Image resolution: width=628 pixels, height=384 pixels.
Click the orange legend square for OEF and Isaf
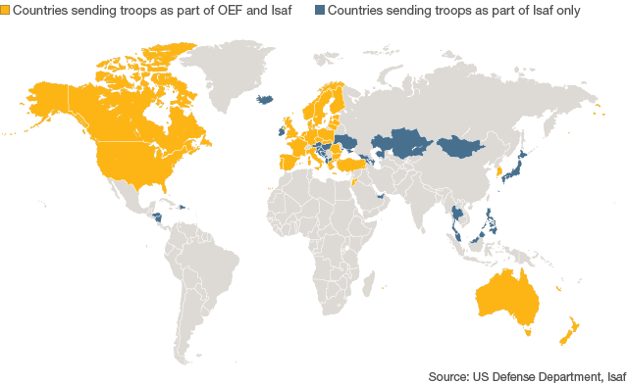6,11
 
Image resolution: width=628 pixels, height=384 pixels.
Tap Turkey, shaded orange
349,166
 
